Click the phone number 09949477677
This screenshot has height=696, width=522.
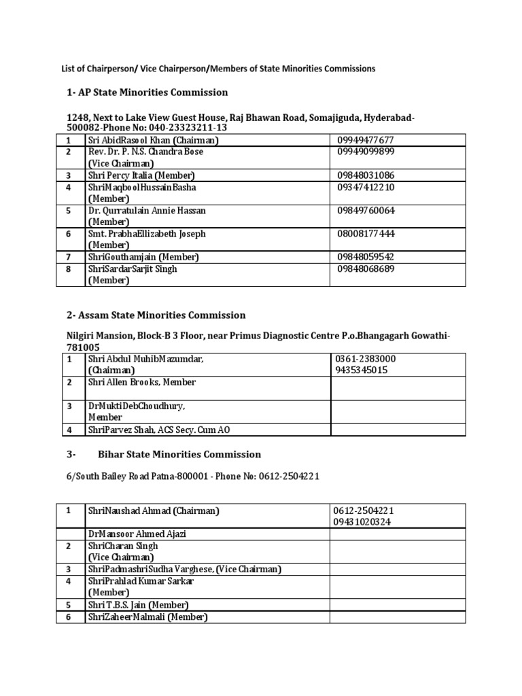click(366, 140)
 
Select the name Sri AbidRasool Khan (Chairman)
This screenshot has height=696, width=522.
click(153, 140)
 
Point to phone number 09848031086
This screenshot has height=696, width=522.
click(366, 175)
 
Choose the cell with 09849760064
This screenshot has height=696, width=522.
click(366, 210)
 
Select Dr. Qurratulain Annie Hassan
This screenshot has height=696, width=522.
click(147, 210)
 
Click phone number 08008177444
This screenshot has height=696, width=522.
click(366, 234)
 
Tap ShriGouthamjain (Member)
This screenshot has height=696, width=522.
click(143, 257)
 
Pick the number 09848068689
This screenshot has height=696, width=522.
click(366, 268)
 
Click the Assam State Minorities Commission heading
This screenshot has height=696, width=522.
click(162, 315)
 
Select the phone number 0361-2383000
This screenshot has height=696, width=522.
click(365, 358)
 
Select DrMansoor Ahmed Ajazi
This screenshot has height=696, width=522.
click(137, 534)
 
